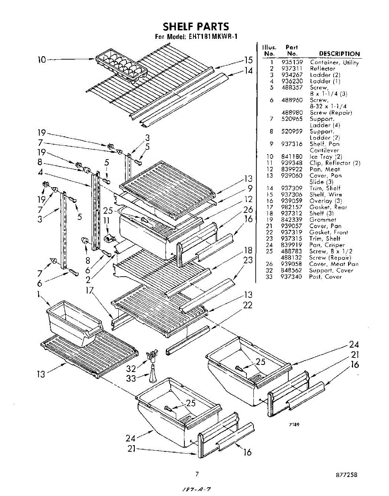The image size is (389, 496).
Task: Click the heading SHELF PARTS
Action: [196, 27]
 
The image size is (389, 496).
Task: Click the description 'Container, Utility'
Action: [334, 62]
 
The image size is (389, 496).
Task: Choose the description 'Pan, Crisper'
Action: [327, 245]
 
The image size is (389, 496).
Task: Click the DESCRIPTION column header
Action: [339, 54]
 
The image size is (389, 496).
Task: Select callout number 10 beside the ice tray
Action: [42, 60]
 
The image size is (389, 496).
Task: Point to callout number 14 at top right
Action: [248, 71]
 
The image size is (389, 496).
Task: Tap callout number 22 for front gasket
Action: [248, 305]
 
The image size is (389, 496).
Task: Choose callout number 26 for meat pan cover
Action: [248, 210]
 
